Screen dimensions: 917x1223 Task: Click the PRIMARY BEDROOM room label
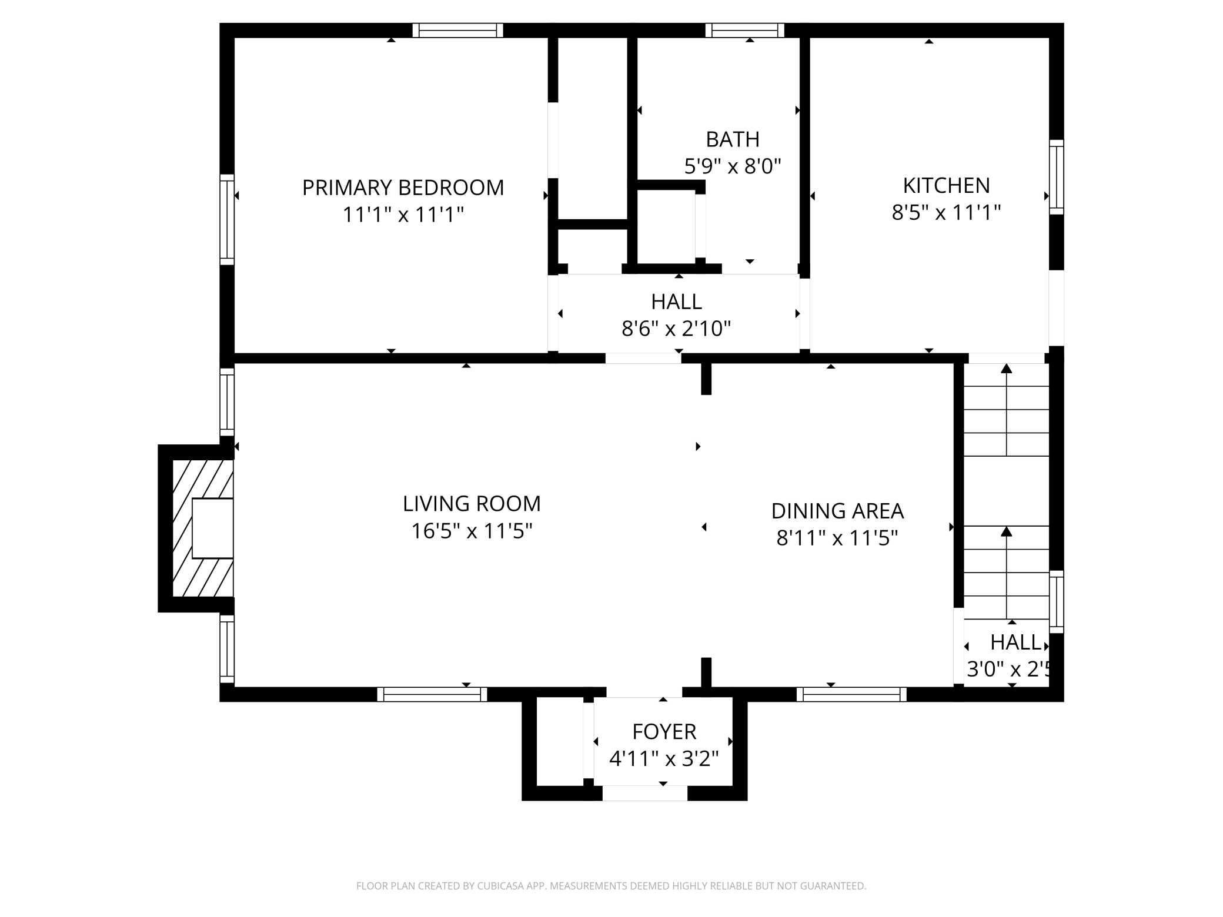(x=403, y=188)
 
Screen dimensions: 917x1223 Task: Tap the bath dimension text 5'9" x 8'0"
(x=732, y=166)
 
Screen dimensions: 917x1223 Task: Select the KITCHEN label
(x=946, y=185)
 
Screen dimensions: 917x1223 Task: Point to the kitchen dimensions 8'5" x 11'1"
(x=946, y=212)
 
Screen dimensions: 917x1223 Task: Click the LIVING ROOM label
(x=472, y=504)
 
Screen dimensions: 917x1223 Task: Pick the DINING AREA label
(x=837, y=511)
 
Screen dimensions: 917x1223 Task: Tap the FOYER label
(x=664, y=732)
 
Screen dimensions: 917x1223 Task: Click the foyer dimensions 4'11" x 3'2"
(x=664, y=759)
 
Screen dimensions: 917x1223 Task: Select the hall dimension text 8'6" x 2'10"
(x=676, y=328)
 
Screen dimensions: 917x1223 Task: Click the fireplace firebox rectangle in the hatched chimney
(x=212, y=528)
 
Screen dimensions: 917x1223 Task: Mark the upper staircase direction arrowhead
(x=1006, y=369)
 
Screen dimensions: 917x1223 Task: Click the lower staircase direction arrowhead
(x=1006, y=531)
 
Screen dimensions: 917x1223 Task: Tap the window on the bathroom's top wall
(x=744, y=30)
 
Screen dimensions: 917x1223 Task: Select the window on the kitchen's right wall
(x=1056, y=177)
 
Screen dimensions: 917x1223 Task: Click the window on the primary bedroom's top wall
(x=457, y=30)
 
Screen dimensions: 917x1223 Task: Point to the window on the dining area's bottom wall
(x=851, y=694)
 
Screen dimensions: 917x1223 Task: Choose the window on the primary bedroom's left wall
(x=227, y=219)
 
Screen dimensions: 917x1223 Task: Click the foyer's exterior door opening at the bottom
(x=644, y=793)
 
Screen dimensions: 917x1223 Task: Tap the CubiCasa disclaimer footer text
(x=611, y=886)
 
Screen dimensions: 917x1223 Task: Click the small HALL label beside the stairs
(x=1015, y=642)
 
